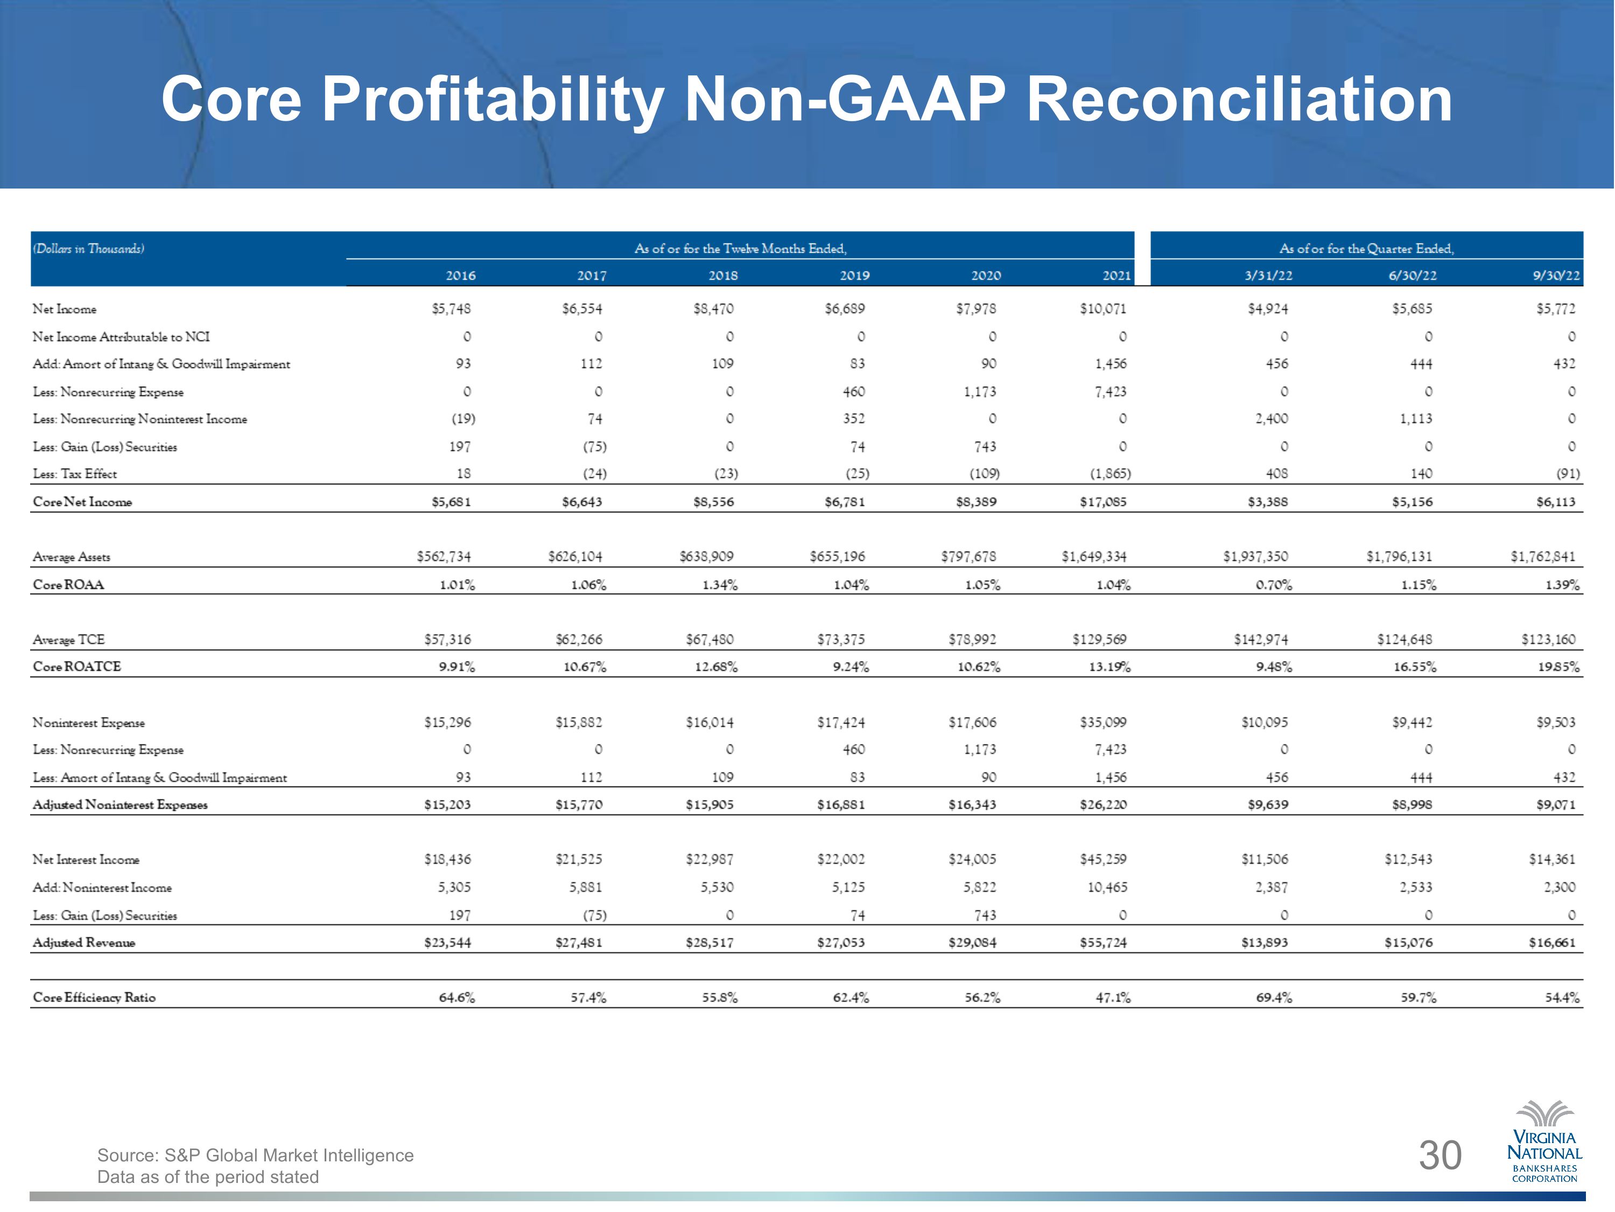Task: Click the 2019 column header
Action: pos(854,275)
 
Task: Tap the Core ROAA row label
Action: pos(68,584)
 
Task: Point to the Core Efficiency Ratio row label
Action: pos(94,997)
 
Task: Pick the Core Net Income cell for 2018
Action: pos(713,502)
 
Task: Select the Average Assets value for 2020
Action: pos(969,556)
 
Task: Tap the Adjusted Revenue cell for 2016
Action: pos(447,943)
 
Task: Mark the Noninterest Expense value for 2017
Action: pos(579,722)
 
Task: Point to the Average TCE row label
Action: pos(68,640)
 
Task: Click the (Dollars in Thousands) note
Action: pos(88,249)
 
